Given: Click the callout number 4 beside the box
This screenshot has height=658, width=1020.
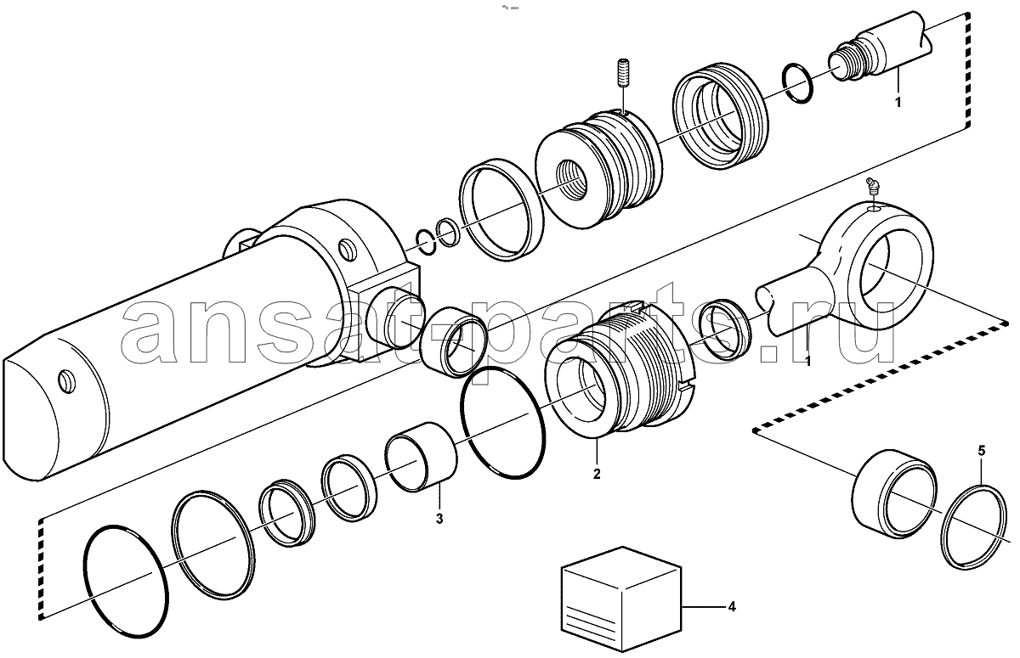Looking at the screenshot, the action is pos(732,607).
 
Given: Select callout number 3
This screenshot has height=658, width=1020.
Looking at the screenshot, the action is pos(439,519).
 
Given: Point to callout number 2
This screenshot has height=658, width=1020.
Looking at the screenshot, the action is pos(597,474).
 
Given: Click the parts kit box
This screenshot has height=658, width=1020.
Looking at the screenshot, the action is pos(621,600).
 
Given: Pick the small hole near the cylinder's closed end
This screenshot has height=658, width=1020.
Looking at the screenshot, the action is pos(67,382).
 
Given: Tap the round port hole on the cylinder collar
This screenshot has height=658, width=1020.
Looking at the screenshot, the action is pos(348,250).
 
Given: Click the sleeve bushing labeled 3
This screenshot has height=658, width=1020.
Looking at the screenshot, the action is pos(422,457).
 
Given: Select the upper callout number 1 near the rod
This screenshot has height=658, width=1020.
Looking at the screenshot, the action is pos(898,103).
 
